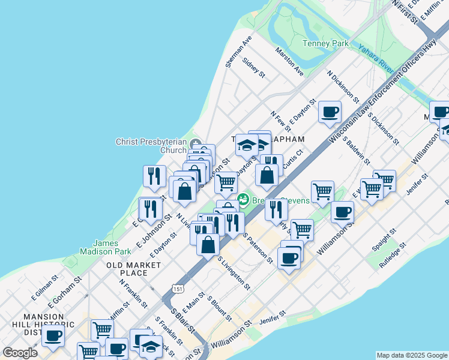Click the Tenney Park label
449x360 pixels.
coord(325,44)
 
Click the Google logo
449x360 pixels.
coord(20,353)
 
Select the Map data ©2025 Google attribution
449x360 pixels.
coord(412,355)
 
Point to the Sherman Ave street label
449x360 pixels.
coord(238,52)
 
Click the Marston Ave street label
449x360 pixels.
coord(290,62)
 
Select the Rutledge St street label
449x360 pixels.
coord(392,254)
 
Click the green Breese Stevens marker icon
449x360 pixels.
coord(244,200)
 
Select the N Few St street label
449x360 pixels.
coord(280,121)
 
